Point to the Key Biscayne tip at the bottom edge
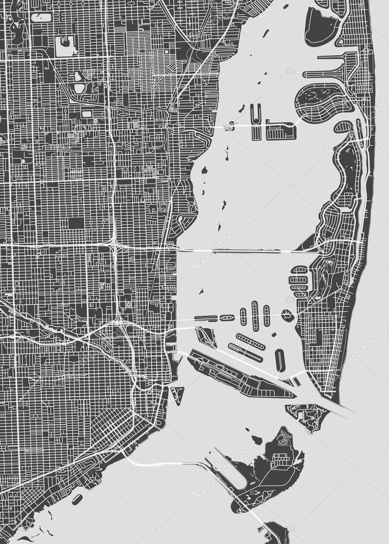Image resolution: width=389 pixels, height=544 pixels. click(x=275, y=534)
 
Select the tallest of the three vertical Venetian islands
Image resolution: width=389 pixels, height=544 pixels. click(x=255, y=315)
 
